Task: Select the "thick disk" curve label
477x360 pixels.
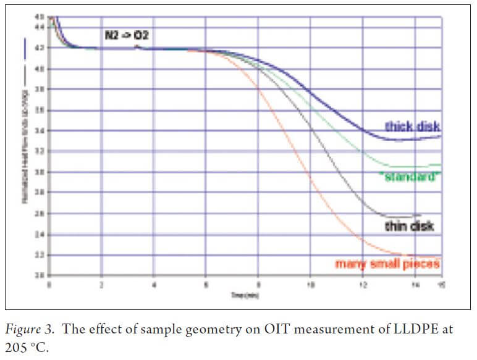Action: click(412, 126)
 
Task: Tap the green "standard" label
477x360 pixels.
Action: click(410, 176)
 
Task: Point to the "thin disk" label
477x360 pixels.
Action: click(409, 226)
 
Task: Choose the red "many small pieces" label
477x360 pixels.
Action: click(387, 264)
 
